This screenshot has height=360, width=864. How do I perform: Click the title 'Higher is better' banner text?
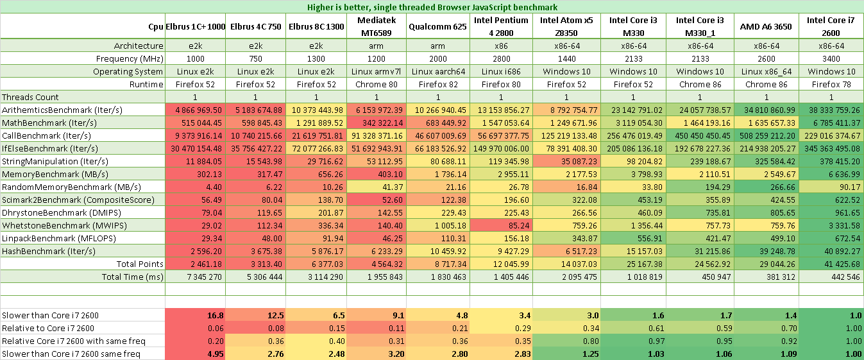point(431,6)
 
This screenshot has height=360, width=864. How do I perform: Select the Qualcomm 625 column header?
point(437,26)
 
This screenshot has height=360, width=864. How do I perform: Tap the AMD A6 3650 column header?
point(766,26)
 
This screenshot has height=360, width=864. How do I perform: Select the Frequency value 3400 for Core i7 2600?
point(831,58)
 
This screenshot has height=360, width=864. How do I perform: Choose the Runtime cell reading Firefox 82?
point(437,84)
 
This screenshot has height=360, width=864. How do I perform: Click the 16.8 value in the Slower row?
point(215,315)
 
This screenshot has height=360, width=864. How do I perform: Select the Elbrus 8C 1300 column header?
point(314,26)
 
